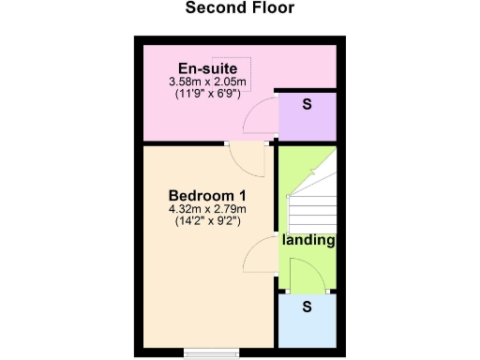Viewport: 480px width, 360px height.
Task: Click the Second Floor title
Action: [x=239, y=9]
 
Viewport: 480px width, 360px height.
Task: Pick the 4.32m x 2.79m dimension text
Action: [x=206, y=209]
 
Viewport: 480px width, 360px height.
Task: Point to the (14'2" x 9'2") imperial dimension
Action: [x=206, y=222]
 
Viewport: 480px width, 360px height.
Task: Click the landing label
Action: [x=308, y=241]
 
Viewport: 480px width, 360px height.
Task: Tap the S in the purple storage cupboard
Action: [x=307, y=105]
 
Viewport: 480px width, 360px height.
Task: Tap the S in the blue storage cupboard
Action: [x=307, y=307]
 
